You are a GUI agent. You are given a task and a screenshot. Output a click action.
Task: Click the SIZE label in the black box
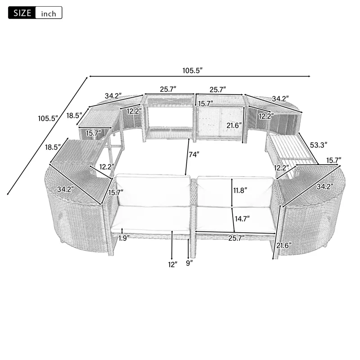[x=21, y=13]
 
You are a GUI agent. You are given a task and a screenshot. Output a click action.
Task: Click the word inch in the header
[x=48, y=13]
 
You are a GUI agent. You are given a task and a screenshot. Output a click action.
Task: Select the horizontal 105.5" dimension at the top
[x=192, y=70]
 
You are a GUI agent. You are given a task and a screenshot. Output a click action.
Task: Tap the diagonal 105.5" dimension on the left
[x=48, y=119]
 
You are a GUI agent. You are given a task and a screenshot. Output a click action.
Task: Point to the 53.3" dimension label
[x=319, y=145]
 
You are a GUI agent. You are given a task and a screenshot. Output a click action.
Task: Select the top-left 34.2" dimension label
[x=113, y=96]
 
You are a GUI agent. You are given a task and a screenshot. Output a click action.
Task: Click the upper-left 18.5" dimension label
[x=74, y=116]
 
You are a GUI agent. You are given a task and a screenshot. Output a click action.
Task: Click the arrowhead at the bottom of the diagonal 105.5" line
[x=9, y=194]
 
